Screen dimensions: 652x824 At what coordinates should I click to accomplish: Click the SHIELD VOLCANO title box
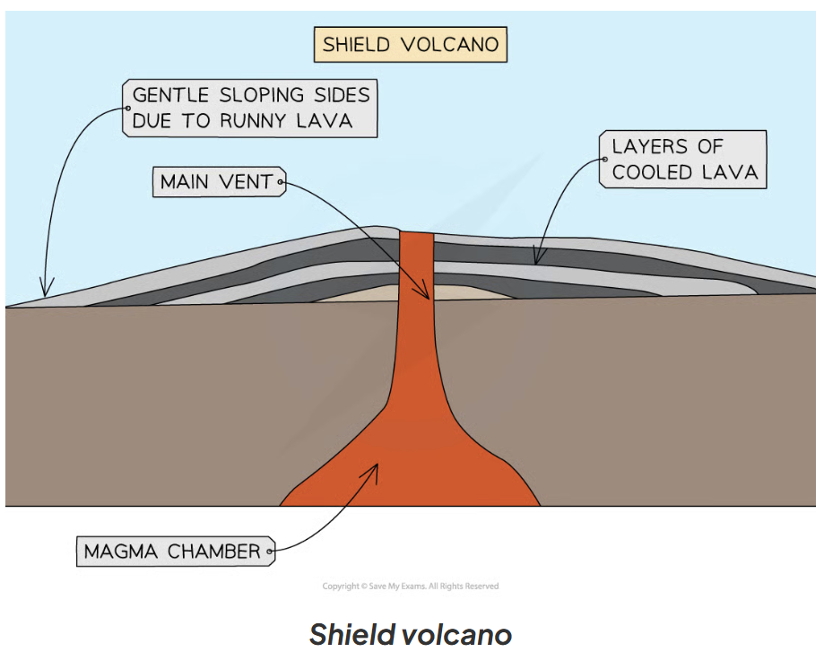[x=410, y=44]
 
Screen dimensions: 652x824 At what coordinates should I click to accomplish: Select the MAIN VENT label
[x=218, y=182]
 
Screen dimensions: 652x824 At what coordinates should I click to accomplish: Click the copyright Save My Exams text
[x=410, y=586]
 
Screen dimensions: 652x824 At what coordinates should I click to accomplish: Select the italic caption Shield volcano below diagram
[x=410, y=634]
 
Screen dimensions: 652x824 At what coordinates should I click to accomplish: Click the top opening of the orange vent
[x=416, y=235]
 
